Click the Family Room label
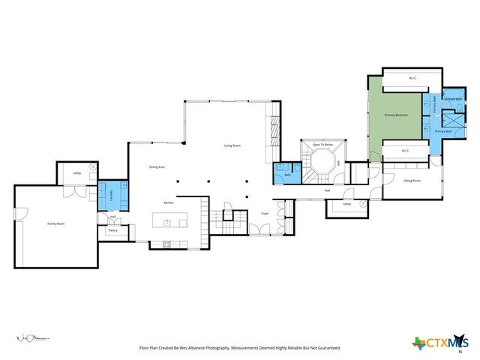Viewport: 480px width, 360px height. click(x=55, y=223)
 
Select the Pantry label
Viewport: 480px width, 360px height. click(x=112, y=230)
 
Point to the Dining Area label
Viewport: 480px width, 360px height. click(x=157, y=166)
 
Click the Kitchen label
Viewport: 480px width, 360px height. click(x=169, y=202)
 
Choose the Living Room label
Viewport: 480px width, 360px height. click(x=232, y=145)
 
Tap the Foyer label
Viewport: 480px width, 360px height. click(x=265, y=214)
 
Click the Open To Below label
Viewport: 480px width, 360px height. click(x=323, y=144)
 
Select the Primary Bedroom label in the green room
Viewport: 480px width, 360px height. click(x=395, y=115)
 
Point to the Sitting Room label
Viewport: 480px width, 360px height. click(x=412, y=181)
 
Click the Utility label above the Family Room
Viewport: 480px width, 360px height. click(x=76, y=173)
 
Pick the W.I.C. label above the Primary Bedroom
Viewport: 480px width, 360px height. click(x=412, y=78)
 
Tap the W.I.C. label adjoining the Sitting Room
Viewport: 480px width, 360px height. click(x=405, y=150)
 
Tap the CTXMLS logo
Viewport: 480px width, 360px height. click(x=439, y=343)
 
